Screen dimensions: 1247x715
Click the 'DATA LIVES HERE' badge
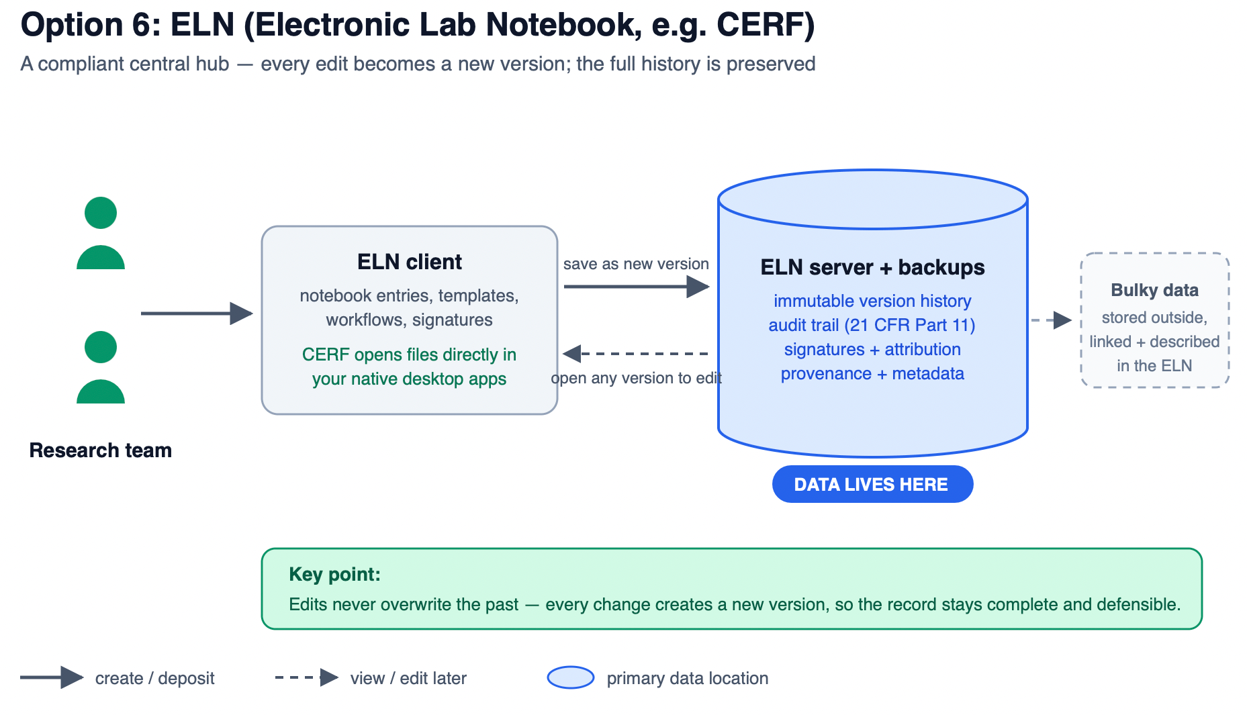pos(872,484)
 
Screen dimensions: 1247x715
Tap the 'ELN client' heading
pos(410,262)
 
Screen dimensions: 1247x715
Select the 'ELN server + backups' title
pos(872,267)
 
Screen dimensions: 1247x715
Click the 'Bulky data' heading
pos(1154,290)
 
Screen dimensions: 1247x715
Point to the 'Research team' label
pos(101,450)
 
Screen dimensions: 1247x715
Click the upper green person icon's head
pos(101,213)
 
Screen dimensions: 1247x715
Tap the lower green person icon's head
pos(101,347)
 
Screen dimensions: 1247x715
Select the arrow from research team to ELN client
pos(197,313)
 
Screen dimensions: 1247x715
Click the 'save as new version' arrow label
pos(636,264)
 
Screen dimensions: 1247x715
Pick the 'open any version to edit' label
pos(636,378)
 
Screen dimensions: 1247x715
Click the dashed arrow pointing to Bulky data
pos(1052,320)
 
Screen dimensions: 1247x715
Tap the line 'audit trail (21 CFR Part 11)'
pos(872,325)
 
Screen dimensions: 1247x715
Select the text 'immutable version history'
pos(872,301)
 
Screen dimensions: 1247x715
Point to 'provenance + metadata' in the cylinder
pos(872,373)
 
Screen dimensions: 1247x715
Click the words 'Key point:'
pos(334,574)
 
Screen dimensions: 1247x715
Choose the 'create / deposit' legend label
pos(154,678)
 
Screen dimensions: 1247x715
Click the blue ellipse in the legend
pos(571,677)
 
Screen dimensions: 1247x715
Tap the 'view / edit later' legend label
pos(408,678)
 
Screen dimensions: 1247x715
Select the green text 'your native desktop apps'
pos(409,379)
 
